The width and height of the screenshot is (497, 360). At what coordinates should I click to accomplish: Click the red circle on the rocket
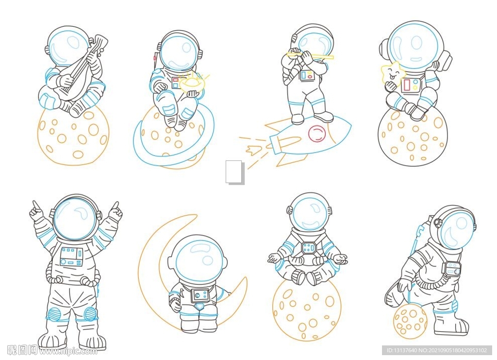(x=317, y=133)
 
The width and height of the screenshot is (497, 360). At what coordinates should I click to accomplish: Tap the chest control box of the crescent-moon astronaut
(x=200, y=295)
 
